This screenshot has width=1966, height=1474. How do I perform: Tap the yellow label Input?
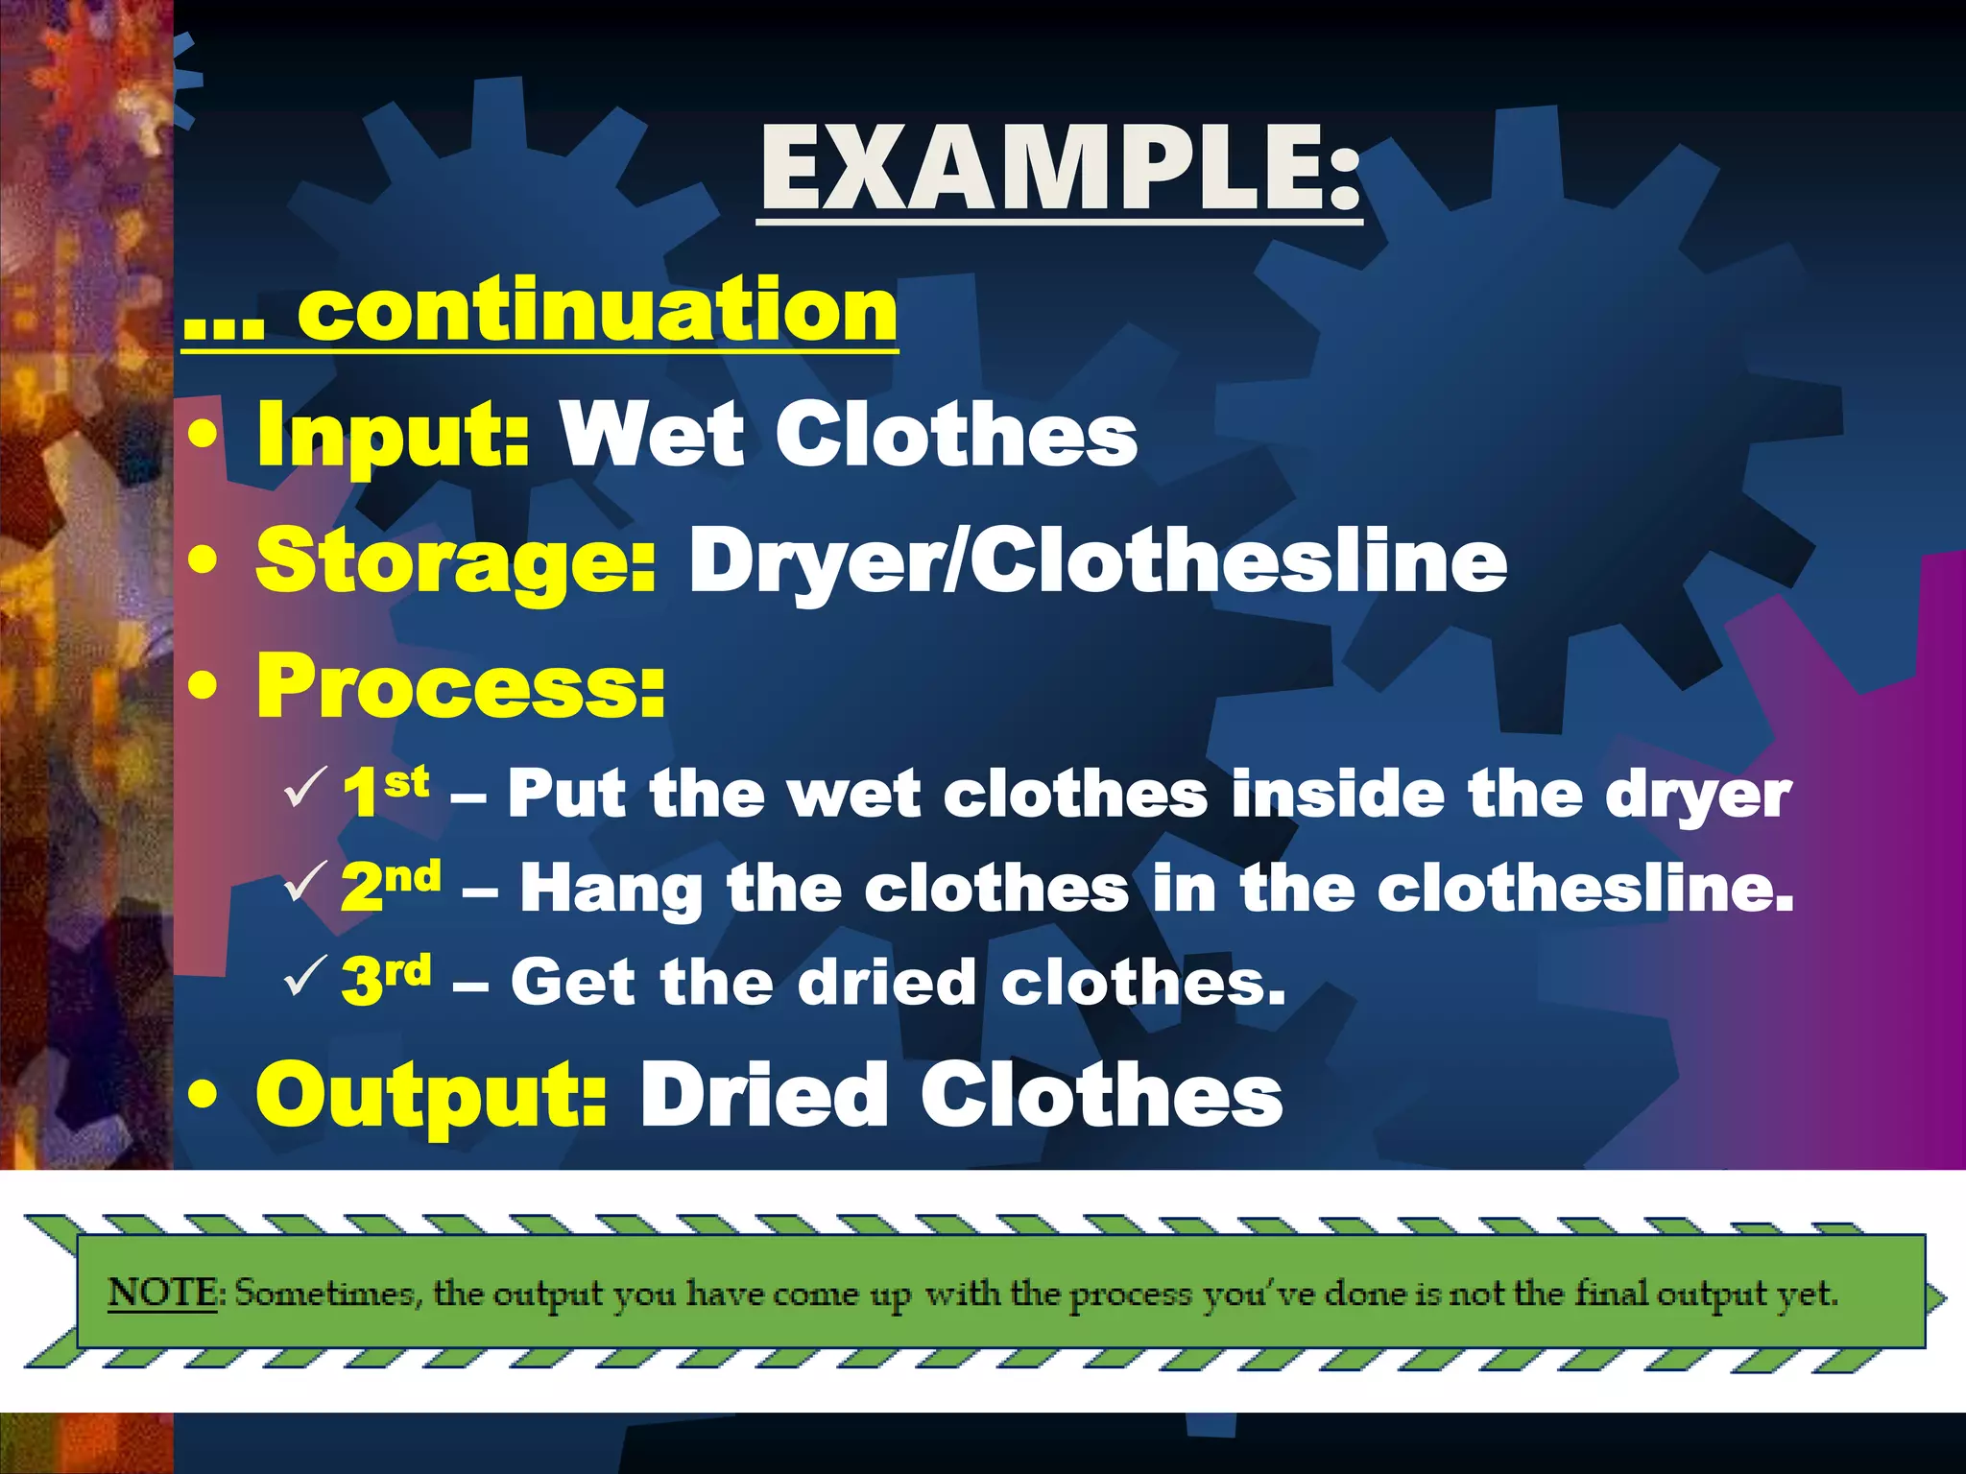(x=393, y=437)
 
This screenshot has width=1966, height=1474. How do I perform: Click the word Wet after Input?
(x=653, y=437)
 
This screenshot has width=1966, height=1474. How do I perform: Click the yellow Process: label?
(x=461, y=685)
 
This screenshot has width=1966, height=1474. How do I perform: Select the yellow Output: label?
(x=432, y=1096)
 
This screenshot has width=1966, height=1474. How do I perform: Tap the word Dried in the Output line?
(x=764, y=1096)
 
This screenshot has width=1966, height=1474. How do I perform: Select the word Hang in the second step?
(x=611, y=889)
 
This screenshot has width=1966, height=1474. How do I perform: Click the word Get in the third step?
(x=572, y=982)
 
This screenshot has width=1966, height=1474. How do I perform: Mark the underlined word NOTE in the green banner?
(x=162, y=1293)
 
